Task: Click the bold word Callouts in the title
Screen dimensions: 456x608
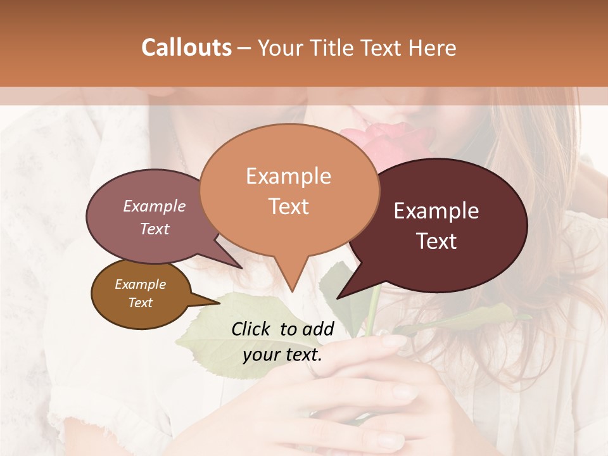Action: pyautogui.click(x=186, y=47)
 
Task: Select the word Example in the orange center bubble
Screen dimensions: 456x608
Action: pyautogui.click(x=288, y=176)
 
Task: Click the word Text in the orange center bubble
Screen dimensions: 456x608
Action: pyautogui.click(x=288, y=206)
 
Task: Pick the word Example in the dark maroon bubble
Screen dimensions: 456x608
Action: pyautogui.click(x=436, y=211)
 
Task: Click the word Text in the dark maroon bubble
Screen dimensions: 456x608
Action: pyautogui.click(x=436, y=241)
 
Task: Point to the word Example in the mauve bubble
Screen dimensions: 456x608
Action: pyautogui.click(x=155, y=206)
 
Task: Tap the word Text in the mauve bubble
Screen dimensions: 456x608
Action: pyautogui.click(x=155, y=229)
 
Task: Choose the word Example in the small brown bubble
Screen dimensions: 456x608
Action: pyautogui.click(x=140, y=284)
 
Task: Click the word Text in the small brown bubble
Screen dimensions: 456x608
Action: pyautogui.click(x=140, y=303)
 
